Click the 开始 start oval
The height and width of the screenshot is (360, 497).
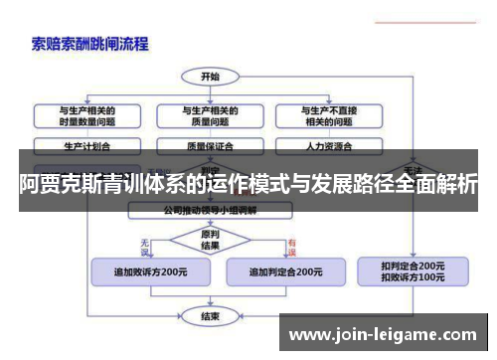point(210,76)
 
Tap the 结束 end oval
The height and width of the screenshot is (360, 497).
point(210,317)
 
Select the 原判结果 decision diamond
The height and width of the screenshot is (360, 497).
point(210,241)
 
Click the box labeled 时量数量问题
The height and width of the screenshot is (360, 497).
point(86,115)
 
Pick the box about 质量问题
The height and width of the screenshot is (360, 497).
point(209,115)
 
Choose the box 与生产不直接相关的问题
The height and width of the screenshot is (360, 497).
point(329,115)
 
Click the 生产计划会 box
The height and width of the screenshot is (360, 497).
point(86,145)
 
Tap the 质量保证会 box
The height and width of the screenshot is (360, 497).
point(209,145)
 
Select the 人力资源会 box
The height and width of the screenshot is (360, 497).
point(329,145)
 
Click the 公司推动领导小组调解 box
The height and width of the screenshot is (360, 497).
point(210,210)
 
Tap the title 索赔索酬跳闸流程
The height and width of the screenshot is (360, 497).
point(89,44)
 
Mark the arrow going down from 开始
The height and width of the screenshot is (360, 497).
point(210,91)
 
